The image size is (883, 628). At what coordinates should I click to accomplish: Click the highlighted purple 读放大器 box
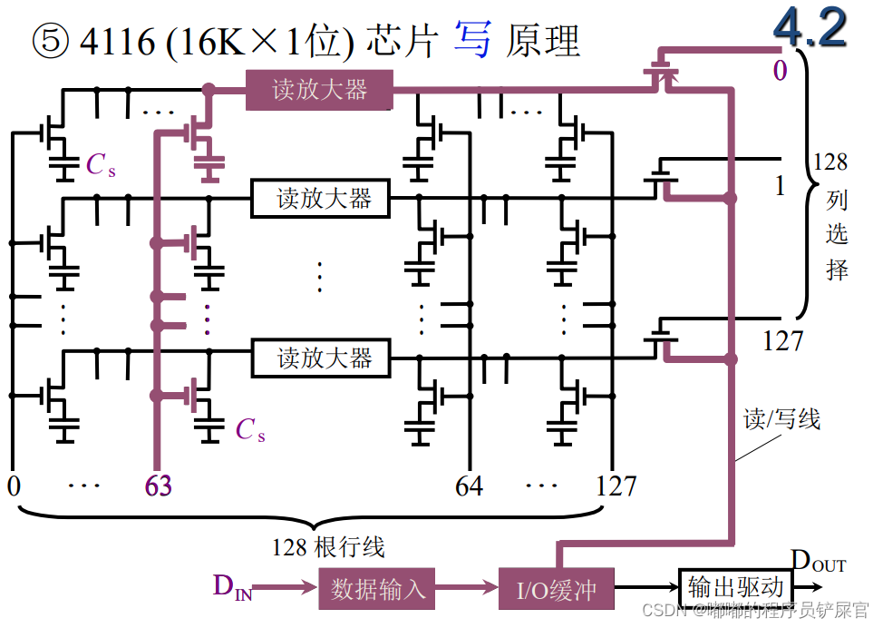319,90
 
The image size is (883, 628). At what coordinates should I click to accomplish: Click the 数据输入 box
378,588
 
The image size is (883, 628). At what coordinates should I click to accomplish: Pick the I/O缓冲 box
557,590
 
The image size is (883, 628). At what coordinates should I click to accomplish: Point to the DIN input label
232,587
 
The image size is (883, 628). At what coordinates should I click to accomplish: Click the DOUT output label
818,562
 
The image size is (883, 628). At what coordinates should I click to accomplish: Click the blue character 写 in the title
471,42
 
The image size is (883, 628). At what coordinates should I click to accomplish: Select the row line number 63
158,486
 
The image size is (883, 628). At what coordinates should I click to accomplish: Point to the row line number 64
470,486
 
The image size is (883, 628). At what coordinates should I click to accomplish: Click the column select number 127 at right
782,340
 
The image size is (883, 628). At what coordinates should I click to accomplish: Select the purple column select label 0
780,71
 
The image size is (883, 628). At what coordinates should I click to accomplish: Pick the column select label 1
780,186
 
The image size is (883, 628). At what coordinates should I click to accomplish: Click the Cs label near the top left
101,165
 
